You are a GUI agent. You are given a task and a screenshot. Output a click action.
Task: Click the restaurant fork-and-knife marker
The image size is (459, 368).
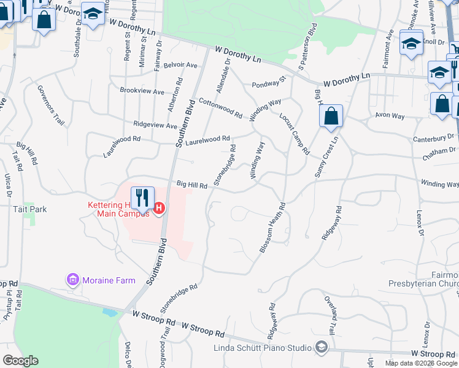(x=142, y=198)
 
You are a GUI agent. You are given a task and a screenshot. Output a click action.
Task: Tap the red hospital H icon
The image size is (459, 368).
(x=159, y=209)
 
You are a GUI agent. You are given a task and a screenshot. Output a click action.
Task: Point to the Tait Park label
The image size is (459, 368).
(x=30, y=209)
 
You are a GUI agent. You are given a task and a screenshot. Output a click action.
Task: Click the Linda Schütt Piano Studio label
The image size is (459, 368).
(x=262, y=348)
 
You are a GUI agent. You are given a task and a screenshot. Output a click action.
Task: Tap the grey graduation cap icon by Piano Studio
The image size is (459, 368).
(x=321, y=348)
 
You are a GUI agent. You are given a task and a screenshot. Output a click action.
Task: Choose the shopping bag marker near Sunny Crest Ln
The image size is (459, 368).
(x=331, y=116)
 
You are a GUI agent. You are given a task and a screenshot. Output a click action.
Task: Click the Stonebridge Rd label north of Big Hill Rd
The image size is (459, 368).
(x=225, y=164)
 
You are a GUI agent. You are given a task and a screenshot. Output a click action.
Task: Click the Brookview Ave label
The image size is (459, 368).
(x=142, y=91)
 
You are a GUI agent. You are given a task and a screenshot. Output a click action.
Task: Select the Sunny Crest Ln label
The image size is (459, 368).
(x=327, y=158)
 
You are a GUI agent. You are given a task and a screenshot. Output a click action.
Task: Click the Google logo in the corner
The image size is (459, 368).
(x=20, y=361)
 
